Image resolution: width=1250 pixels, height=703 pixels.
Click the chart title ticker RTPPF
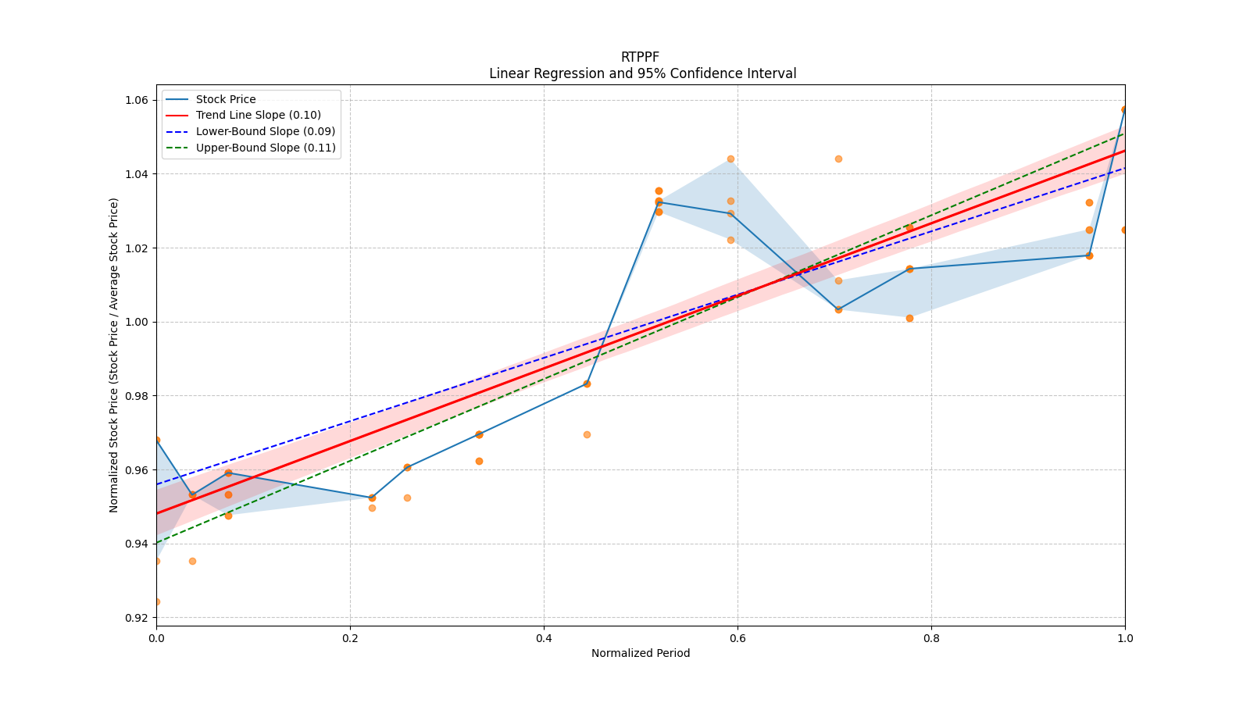coord(640,57)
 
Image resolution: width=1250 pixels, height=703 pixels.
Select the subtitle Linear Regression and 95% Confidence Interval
coord(642,73)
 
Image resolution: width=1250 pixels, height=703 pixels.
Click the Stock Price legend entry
coord(226,99)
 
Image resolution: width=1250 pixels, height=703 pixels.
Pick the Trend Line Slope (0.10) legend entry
coord(258,116)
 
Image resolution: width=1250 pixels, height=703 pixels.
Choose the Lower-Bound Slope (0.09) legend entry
coord(265,131)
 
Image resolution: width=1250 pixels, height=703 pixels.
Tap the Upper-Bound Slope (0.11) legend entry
coord(266,148)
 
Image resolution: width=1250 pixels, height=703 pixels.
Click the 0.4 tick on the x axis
coord(544,638)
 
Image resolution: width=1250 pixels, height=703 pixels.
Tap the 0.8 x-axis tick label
coord(931,638)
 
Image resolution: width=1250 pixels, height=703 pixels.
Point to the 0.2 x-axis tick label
coord(350,638)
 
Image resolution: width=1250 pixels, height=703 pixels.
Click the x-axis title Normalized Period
coord(641,653)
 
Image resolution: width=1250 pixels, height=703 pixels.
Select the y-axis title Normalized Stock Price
coord(114,355)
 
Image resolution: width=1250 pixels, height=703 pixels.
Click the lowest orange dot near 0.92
coord(156,601)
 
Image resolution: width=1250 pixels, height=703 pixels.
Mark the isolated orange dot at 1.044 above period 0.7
coord(838,159)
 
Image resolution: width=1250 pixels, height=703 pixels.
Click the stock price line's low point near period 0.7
coord(838,309)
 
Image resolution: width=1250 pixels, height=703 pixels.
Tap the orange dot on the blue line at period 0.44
coord(587,384)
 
